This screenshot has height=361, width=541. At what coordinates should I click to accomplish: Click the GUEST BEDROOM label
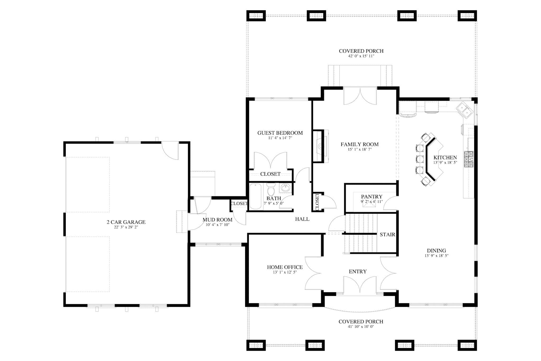coord(280,133)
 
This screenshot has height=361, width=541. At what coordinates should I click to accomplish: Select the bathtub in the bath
coord(255,196)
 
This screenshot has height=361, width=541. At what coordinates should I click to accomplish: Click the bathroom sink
coord(285,188)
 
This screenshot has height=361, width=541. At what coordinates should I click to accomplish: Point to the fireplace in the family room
coord(320,146)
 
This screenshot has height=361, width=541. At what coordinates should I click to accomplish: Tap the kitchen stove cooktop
coord(469,159)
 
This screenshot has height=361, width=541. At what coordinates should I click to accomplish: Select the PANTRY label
coord(371,197)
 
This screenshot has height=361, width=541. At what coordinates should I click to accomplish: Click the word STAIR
coord(387,234)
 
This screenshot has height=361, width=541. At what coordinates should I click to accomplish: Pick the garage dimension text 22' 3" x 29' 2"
coord(126,227)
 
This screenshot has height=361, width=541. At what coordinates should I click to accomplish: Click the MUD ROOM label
coord(217,220)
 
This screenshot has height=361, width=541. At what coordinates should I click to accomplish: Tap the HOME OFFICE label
coord(285,267)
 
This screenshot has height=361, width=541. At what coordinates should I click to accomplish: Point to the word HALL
coord(302,219)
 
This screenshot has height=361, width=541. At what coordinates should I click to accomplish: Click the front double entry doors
coord(360,286)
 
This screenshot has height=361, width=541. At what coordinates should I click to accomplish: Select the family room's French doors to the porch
coord(360,96)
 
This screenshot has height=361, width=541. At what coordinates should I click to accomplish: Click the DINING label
coord(436,250)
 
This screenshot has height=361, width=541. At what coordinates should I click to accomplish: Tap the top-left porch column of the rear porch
coord(256,16)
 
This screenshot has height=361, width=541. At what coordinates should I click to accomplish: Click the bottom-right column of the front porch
coord(467,345)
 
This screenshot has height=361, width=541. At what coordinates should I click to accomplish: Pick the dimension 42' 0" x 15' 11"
coord(361,56)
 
